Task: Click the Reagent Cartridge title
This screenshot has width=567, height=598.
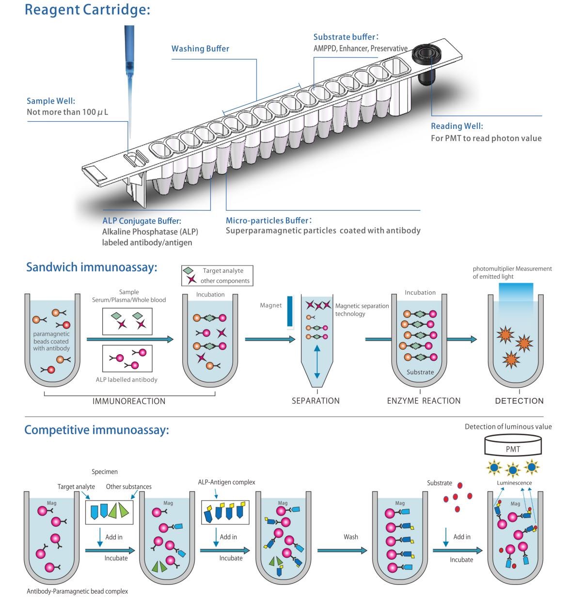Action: tap(87, 10)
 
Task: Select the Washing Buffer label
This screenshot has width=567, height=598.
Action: tap(200, 48)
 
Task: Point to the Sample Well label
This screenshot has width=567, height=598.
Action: tap(51, 101)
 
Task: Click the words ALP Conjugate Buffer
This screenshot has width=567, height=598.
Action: tap(142, 221)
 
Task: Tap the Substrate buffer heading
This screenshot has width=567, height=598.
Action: tap(346, 37)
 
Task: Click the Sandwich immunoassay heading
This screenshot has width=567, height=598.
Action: tap(92, 268)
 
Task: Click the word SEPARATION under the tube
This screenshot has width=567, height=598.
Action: tap(315, 401)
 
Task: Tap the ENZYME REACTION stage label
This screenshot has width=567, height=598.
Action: tap(424, 401)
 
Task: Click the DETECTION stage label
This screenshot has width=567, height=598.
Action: tap(519, 401)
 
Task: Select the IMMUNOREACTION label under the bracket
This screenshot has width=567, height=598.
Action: tap(129, 401)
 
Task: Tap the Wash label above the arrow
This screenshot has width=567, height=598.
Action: tap(351, 537)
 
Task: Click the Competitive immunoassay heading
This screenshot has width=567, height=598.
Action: tap(96, 430)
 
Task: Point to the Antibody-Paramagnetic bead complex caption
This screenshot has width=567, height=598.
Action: tap(77, 591)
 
